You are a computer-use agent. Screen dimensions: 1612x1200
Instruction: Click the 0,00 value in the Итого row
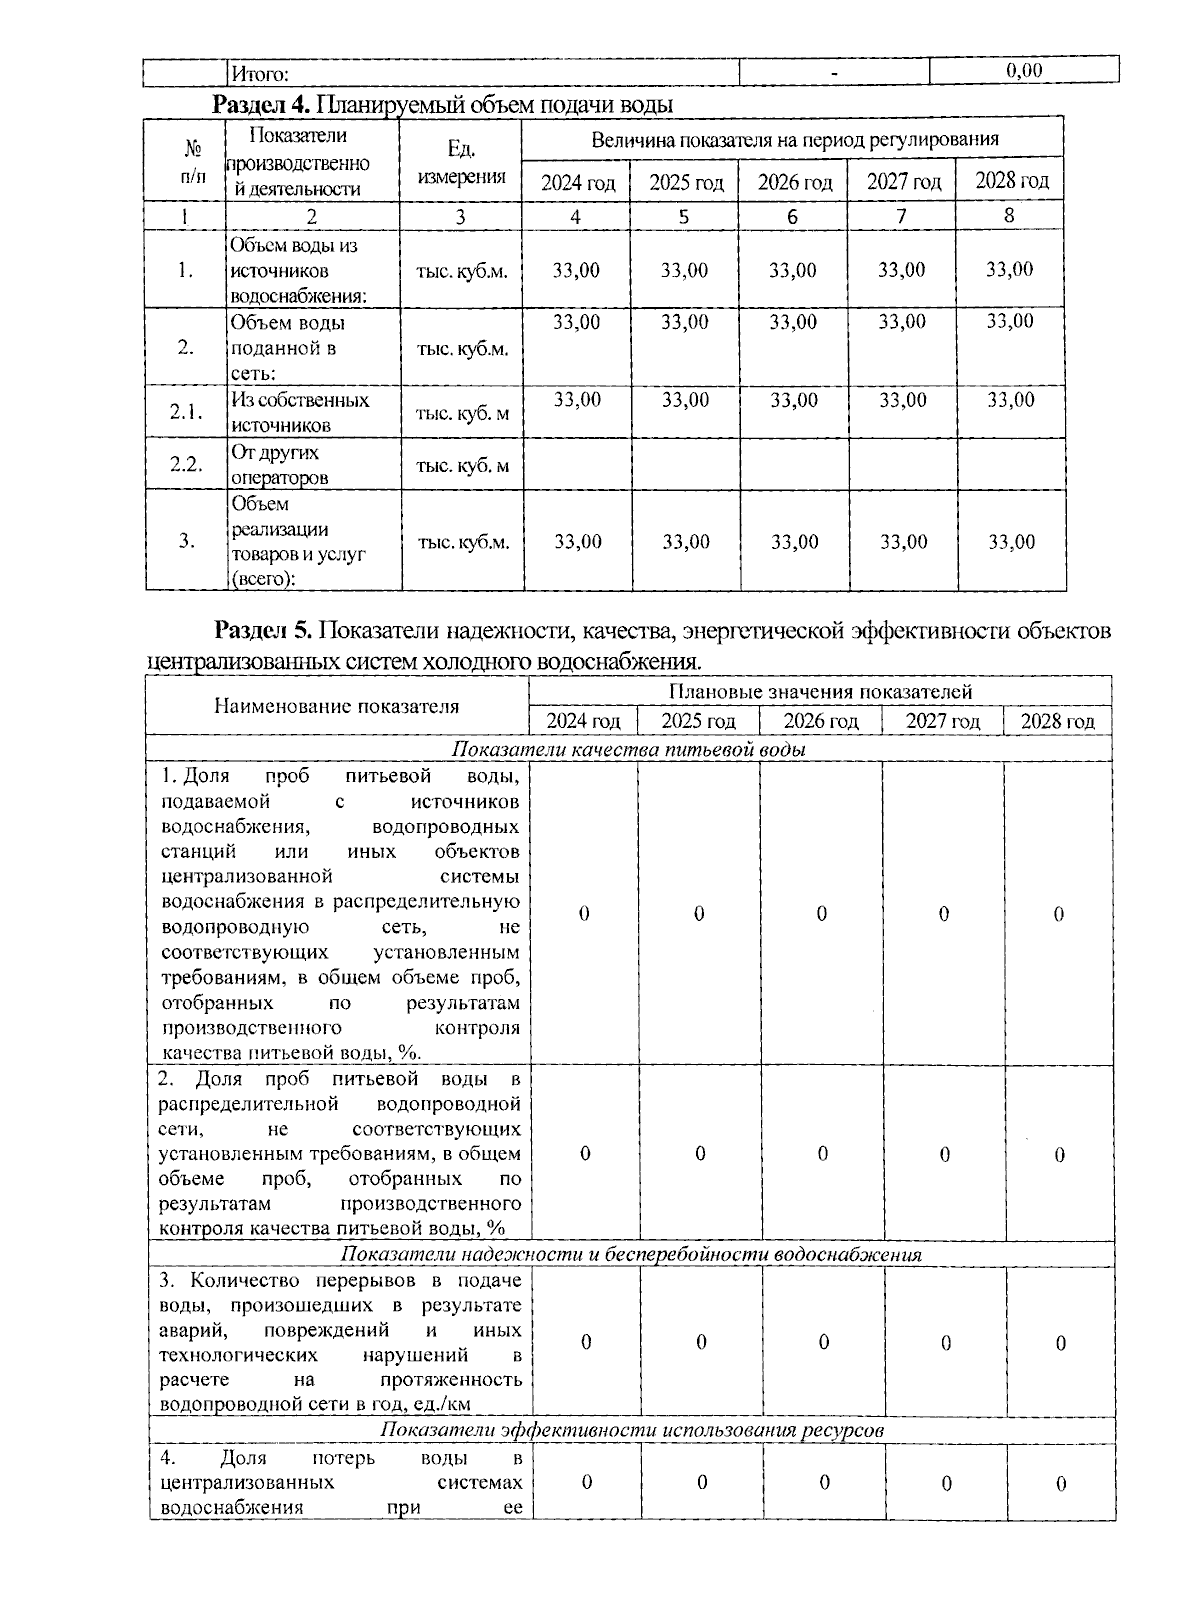1024,70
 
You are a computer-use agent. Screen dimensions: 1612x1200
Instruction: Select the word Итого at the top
259,73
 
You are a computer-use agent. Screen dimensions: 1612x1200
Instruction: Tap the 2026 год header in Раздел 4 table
794,182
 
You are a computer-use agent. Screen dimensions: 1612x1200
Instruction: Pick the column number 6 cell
792,216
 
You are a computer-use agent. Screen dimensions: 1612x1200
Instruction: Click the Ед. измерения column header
460,163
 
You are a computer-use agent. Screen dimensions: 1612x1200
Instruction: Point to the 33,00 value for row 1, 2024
576,270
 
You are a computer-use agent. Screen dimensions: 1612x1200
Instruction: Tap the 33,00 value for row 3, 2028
1011,542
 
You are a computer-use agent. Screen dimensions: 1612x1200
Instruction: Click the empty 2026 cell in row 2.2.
795,464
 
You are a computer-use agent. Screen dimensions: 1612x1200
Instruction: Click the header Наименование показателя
336,706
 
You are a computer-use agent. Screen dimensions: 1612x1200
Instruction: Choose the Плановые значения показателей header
819,691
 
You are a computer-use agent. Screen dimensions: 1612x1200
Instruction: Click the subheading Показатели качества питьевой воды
629,749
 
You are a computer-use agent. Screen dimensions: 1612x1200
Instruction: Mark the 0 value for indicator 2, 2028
1060,1155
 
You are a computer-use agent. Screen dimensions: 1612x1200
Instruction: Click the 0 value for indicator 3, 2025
700,1342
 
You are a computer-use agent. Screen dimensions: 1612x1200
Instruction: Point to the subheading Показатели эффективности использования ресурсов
631,1430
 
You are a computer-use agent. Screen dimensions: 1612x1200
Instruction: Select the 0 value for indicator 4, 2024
586,1482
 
